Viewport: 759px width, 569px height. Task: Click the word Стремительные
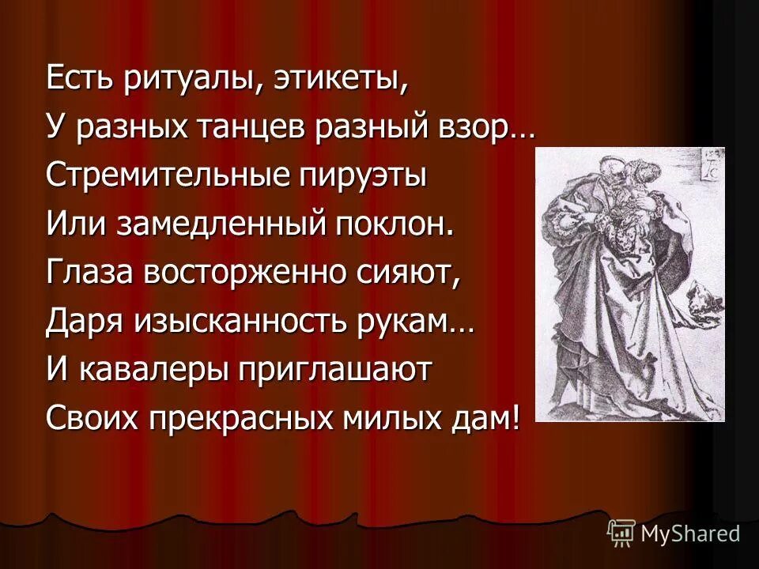tap(160, 175)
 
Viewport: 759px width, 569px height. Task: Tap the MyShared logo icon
tap(621, 533)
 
